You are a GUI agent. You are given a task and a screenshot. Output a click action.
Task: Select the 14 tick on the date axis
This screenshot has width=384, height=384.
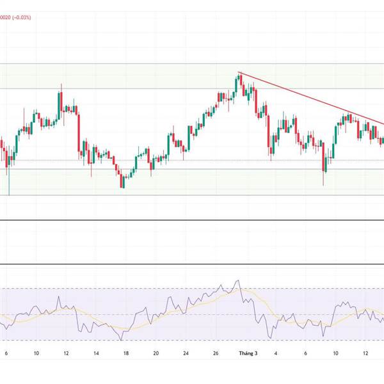click(95, 353)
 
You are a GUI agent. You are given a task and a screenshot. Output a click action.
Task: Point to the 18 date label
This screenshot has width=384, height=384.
click(126, 353)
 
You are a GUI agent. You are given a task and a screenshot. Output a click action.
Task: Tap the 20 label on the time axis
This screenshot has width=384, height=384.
click(156, 353)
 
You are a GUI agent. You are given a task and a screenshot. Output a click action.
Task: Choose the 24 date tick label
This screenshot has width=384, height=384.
click(186, 353)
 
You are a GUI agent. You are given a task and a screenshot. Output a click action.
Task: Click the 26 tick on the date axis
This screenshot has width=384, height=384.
click(216, 353)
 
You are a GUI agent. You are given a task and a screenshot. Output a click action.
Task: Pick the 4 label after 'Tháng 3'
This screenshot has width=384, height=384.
click(276, 353)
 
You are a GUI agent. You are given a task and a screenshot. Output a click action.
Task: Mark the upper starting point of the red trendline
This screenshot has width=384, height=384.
click(239, 73)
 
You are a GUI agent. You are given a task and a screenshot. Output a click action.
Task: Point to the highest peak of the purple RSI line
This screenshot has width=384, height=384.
click(238, 280)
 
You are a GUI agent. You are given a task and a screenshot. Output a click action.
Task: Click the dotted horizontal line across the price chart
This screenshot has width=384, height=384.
click(192, 160)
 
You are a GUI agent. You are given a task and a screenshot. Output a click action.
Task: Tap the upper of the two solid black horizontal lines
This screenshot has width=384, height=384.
click(192, 221)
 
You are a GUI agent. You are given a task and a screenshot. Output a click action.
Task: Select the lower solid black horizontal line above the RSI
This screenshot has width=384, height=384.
click(192, 264)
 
